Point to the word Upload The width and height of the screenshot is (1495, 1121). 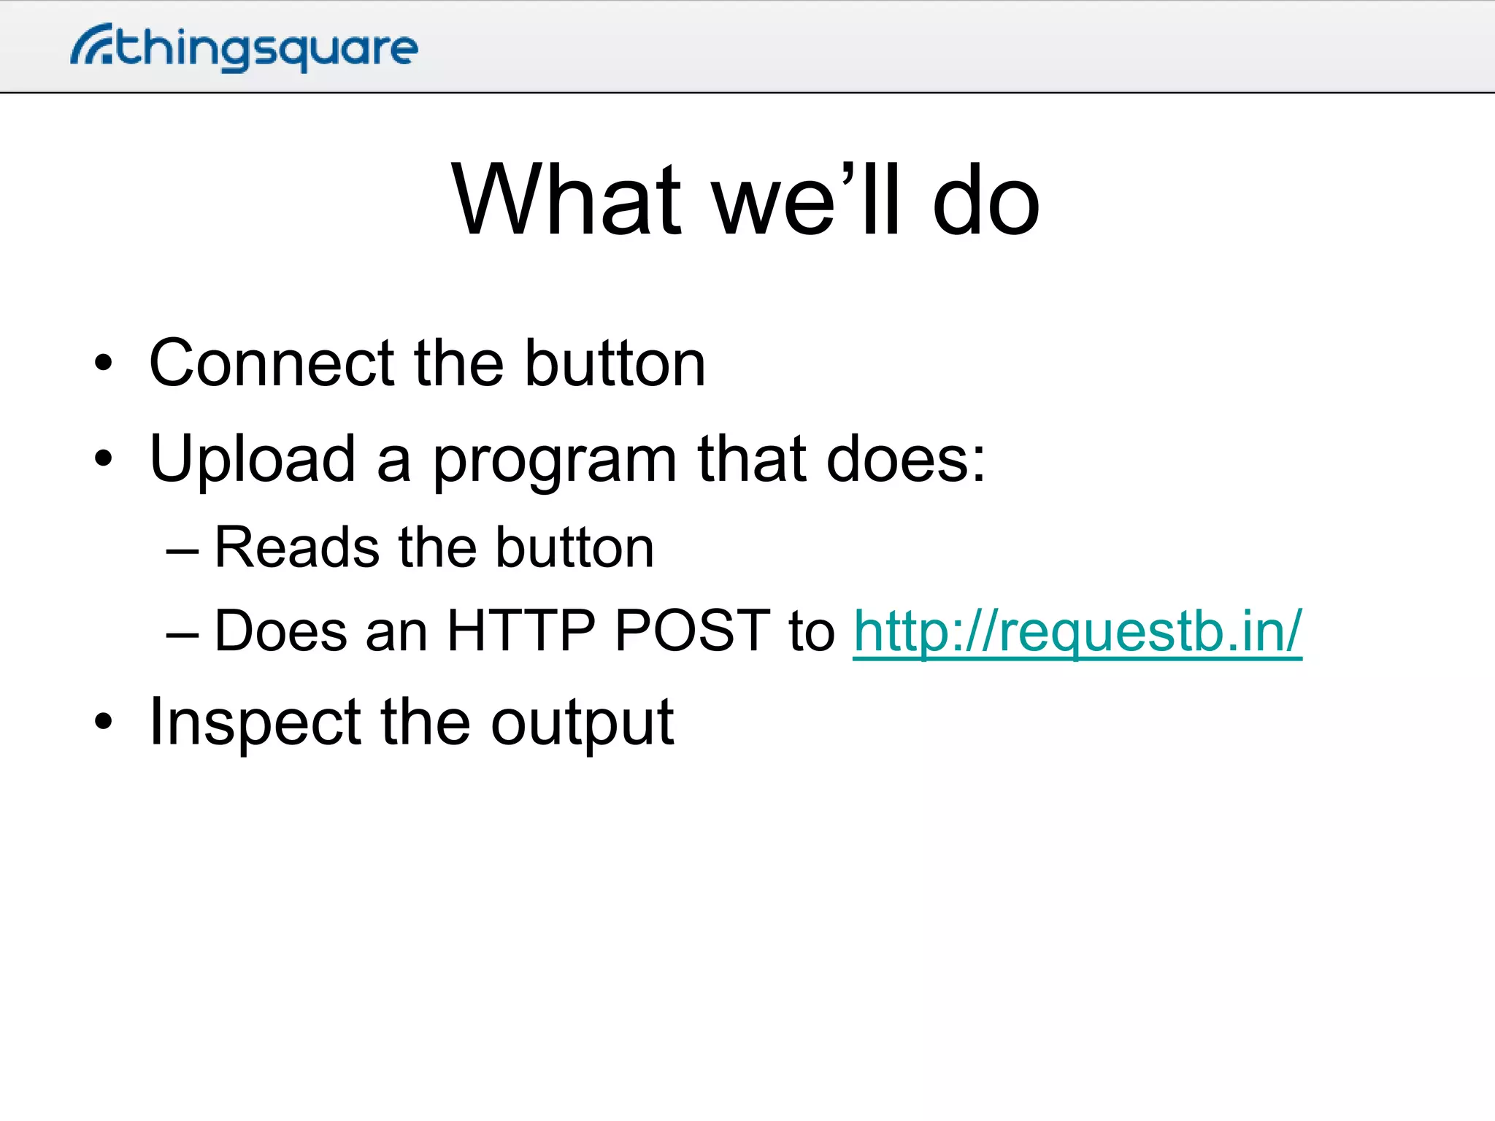[x=252, y=460]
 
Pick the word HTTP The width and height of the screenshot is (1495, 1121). [x=520, y=631]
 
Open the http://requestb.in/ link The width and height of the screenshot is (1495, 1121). [x=1077, y=632]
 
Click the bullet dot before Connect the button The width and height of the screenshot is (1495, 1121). [x=104, y=363]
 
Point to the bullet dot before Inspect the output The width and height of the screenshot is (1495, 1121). [x=104, y=722]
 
